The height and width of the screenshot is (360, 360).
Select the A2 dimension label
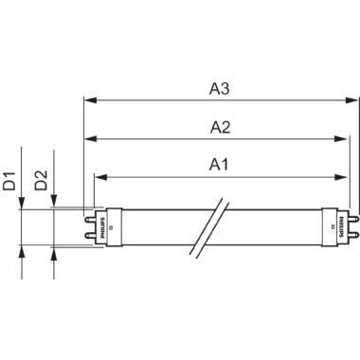click(220, 126)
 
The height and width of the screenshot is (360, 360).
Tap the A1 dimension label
click(219, 164)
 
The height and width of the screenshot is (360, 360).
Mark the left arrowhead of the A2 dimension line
click(91, 138)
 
